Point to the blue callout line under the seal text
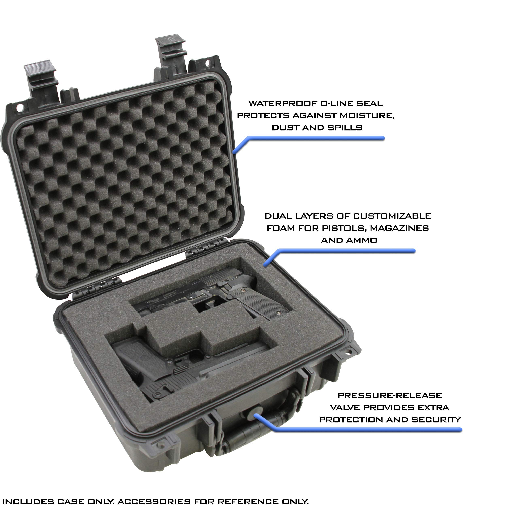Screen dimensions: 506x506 (x=314, y=138)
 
